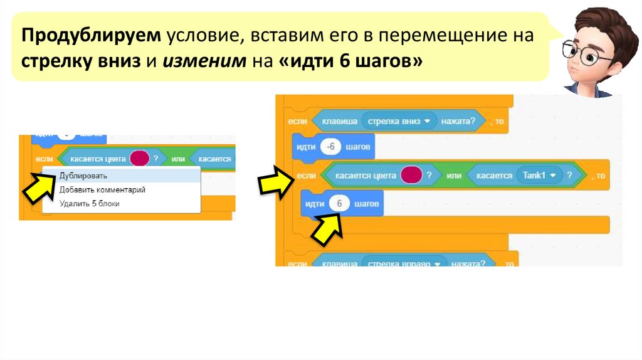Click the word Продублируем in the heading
(x=92, y=35)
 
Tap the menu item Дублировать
(x=83, y=176)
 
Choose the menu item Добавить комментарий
(x=102, y=189)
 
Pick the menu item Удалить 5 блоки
(x=89, y=203)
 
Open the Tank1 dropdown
(x=539, y=176)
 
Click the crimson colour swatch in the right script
(x=411, y=176)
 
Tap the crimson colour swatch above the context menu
(x=139, y=158)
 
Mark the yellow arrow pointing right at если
(x=275, y=181)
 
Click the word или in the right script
(x=454, y=176)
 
